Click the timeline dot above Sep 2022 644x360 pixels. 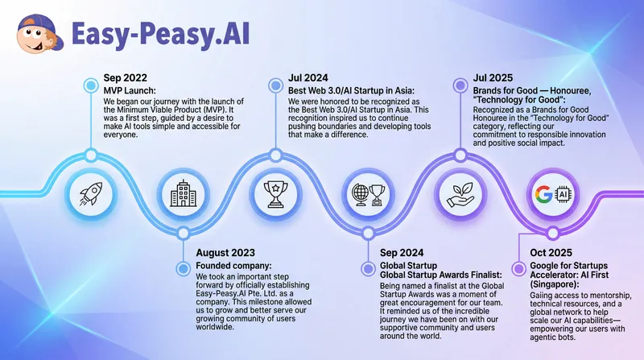coord(90,83)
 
